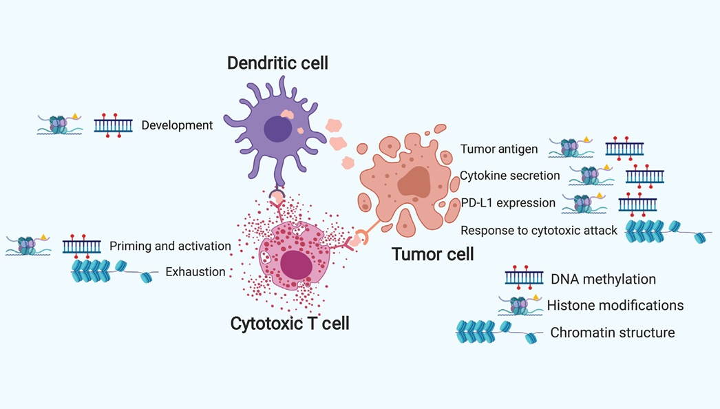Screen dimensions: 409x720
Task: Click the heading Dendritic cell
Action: click(277, 63)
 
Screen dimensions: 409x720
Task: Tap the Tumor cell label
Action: click(432, 254)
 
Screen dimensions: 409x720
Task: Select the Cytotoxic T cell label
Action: click(290, 322)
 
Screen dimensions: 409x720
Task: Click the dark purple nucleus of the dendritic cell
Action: click(277, 129)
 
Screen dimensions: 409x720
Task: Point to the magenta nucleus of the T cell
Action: click(296, 265)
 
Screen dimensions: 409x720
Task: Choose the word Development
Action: click(177, 125)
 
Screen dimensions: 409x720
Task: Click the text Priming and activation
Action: click(170, 246)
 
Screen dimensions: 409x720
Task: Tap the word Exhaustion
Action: click(195, 272)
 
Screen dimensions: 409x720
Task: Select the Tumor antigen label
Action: click(499, 149)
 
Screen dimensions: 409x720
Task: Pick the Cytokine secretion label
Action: click(509, 176)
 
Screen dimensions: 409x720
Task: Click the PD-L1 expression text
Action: click(508, 203)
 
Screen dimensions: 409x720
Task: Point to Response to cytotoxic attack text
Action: click(539, 231)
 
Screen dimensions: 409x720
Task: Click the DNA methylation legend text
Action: click(603, 279)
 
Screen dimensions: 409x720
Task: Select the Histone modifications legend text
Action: click(615, 305)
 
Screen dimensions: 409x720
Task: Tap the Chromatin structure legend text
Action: click(612, 333)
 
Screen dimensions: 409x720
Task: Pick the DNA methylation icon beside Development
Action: click(113, 125)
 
